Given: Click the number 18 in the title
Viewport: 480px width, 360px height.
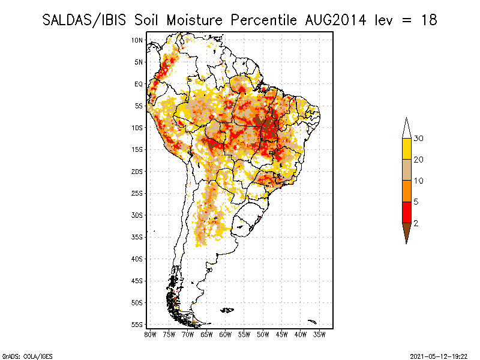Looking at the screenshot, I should (x=428, y=20).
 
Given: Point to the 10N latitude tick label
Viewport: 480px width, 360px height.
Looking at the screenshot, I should (x=137, y=40).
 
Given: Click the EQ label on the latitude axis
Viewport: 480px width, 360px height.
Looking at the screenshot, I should (x=139, y=84).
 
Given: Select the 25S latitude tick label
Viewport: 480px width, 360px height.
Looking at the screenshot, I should (x=137, y=193).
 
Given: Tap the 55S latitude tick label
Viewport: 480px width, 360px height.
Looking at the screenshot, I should (x=137, y=325).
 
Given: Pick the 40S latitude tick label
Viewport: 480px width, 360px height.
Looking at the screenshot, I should (x=137, y=259).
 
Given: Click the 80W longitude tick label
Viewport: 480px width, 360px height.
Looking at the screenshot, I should (x=150, y=334).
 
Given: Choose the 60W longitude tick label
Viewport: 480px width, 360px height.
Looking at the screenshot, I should (x=226, y=334).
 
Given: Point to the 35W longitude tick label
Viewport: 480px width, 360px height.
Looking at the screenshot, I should (x=320, y=334).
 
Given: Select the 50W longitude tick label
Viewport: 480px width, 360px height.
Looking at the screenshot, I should (x=263, y=334).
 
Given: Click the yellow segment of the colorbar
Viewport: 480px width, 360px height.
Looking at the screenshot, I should (x=406, y=149).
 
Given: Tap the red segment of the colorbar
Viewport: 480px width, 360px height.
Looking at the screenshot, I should (x=406, y=212).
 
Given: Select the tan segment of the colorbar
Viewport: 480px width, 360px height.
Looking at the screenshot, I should (x=406, y=170).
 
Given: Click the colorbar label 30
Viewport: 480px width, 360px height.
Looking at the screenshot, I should (x=419, y=139).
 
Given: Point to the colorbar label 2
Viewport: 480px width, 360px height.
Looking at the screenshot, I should (x=416, y=223).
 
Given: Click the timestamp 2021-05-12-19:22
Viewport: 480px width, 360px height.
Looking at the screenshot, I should (x=439, y=355).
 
